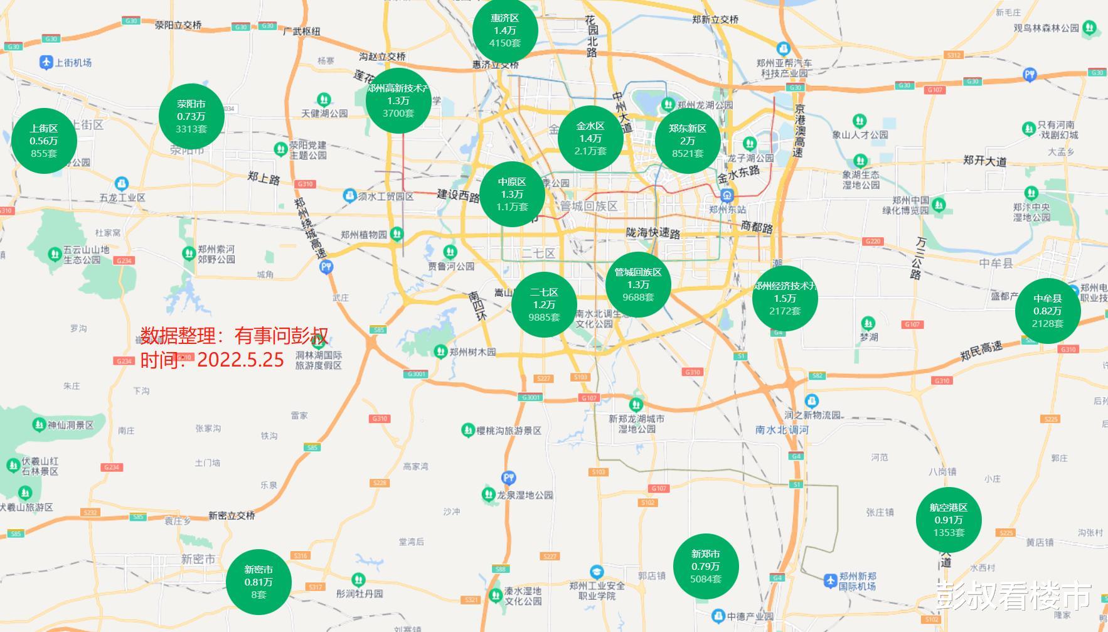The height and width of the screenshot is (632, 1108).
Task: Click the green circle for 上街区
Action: pyautogui.click(x=44, y=141)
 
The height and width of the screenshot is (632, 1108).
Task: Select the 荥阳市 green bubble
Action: pyautogui.click(x=191, y=117)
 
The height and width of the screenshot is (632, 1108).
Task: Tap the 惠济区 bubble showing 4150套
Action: pyautogui.click(x=505, y=31)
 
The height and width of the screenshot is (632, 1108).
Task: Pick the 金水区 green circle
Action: pyautogui.click(x=590, y=139)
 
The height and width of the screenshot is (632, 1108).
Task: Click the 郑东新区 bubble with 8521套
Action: pyautogui.click(x=688, y=141)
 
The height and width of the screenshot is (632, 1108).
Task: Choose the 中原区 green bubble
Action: pyautogui.click(x=512, y=195)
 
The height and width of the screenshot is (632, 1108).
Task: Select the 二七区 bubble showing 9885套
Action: pyautogui.click(x=544, y=305)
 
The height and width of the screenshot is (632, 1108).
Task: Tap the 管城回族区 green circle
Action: pyautogui.click(x=638, y=285)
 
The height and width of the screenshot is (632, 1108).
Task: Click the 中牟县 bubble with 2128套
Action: pyautogui.click(x=1048, y=311)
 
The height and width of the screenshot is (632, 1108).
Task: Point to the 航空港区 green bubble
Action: pyautogui.click(x=949, y=520)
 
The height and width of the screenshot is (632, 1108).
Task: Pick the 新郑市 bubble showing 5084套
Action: pyautogui.click(x=705, y=567)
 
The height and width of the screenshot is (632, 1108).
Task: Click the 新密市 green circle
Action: pyautogui.click(x=258, y=582)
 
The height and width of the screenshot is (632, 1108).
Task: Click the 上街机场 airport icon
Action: pyautogui.click(x=46, y=62)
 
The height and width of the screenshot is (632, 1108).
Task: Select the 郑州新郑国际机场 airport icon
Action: pyautogui.click(x=831, y=581)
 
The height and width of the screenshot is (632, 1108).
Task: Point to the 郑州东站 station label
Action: pyautogui.click(x=727, y=210)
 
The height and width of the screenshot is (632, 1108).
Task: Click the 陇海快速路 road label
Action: pyautogui.click(x=653, y=233)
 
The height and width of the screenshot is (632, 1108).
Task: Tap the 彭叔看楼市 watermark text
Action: pyautogui.click(x=1013, y=596)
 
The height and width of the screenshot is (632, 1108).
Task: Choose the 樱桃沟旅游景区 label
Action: pyautogui.click(x=509, y=431)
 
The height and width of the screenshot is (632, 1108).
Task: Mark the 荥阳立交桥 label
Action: pyautogui.click(x=178, y=25)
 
